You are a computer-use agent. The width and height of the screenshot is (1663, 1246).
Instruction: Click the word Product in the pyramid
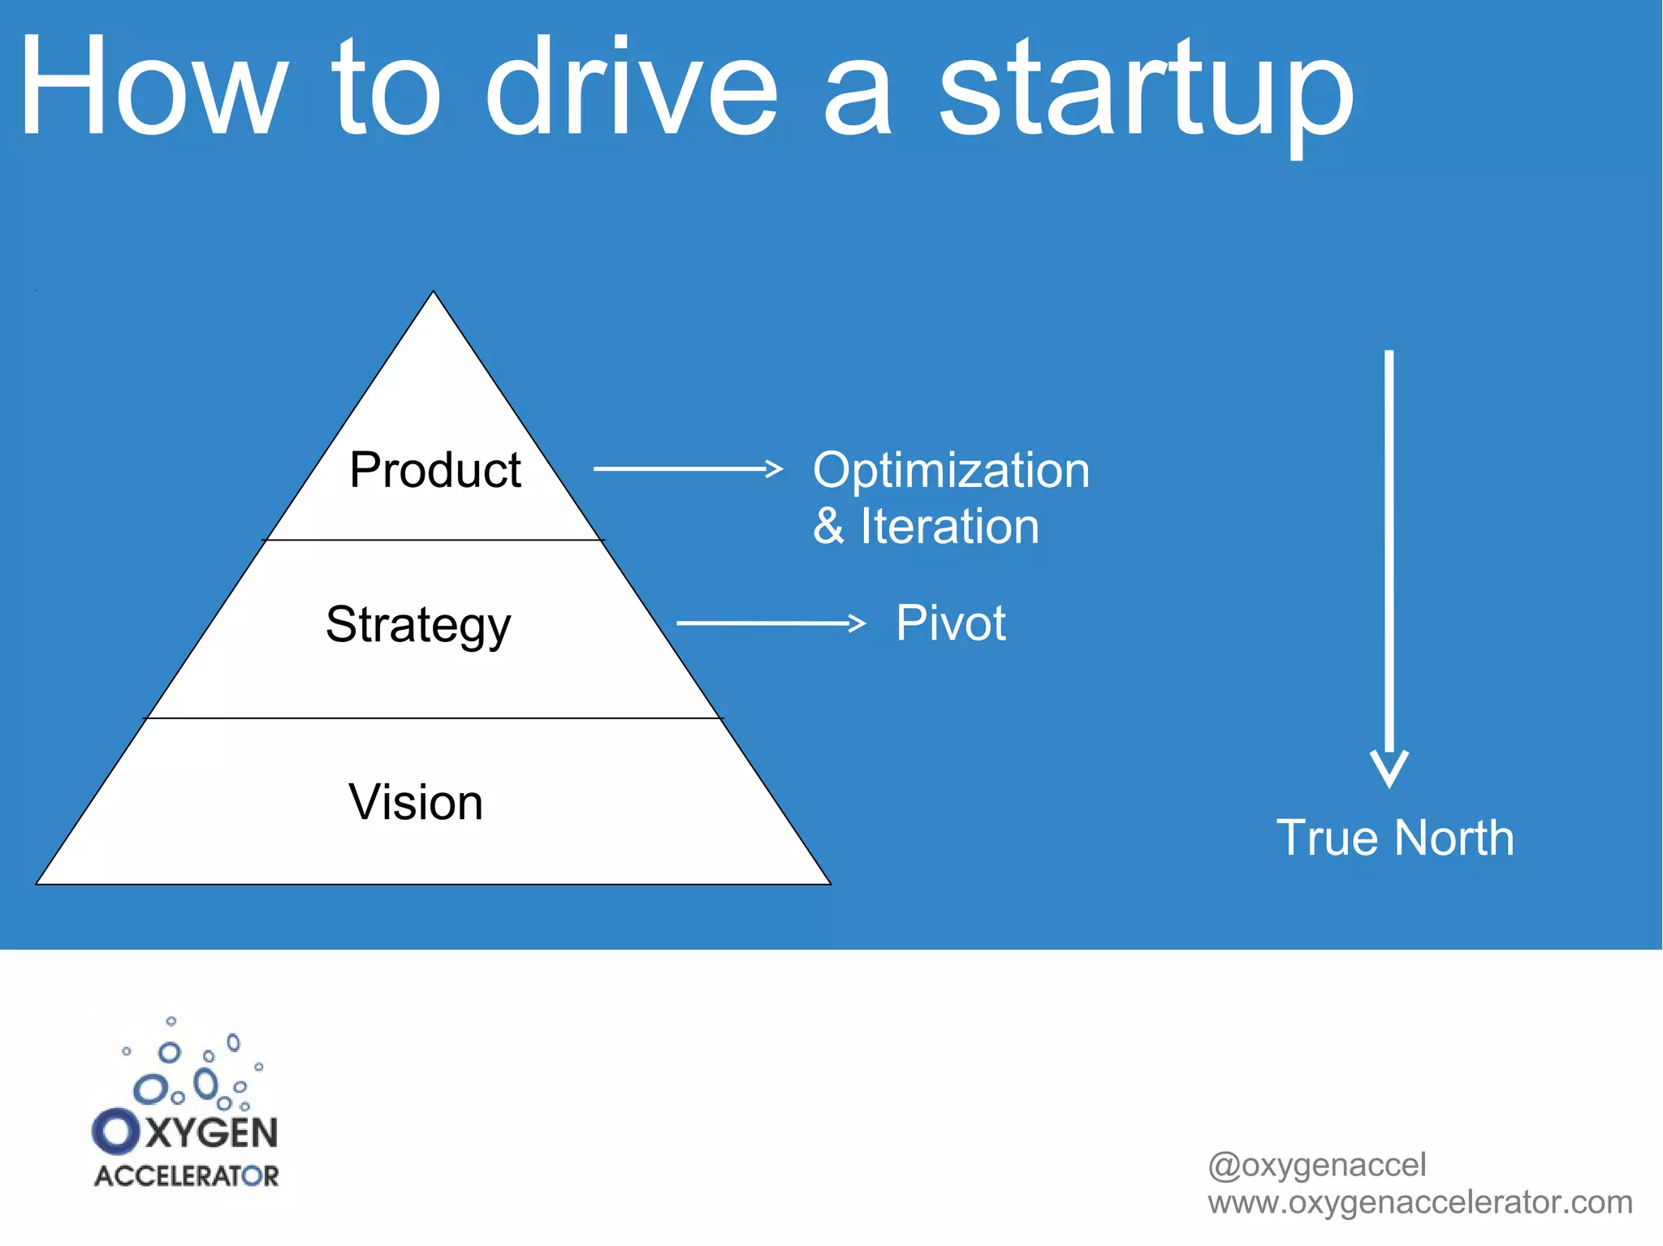tap(434, 470)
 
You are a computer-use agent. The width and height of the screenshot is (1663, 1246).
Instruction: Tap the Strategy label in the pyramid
tap(418, 624)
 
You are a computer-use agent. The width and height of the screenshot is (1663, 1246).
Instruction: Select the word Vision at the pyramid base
tap(416, 802)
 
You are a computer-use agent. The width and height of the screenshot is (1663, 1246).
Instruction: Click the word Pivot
tap(950, 623)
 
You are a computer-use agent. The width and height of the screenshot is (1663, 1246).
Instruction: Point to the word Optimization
tap(951, 470)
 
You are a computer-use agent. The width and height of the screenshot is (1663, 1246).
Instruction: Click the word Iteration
tap(949, 526)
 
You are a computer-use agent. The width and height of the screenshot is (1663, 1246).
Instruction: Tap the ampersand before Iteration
tap(828, 526)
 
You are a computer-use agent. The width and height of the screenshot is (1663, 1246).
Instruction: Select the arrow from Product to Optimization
tap(687, 468)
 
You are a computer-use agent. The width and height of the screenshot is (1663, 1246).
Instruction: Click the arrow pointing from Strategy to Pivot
tap(771, 623)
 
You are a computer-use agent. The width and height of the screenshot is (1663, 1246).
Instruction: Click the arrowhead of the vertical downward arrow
tap(1389, 768)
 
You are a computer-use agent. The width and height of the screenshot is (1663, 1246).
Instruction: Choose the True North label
tap(1394, 838)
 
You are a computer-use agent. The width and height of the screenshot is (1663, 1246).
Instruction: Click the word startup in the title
tap(1145, 89)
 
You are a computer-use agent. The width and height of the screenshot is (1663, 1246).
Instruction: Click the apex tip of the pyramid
tap(434, 294)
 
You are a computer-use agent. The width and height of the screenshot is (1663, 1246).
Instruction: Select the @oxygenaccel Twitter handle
tap(1316, 1165)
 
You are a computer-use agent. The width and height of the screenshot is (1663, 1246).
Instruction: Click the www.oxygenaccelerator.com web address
tap(1419, 1202)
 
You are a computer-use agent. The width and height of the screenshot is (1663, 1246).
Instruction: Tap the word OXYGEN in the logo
tap(185, 1132)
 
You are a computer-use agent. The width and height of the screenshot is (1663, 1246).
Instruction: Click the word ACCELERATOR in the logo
tap(186, 1175)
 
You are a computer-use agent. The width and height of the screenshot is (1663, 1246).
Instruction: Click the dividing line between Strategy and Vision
tap(433, 718)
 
